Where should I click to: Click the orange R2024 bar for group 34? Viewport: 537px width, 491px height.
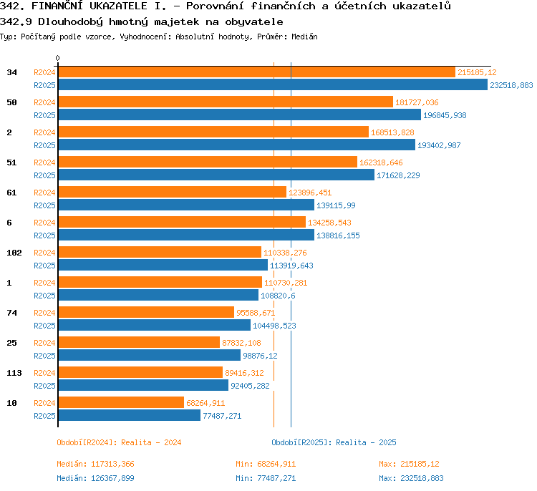[257, 72]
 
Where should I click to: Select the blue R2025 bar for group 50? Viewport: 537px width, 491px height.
[240, 115]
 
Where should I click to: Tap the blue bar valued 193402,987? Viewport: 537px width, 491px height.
[237, 145]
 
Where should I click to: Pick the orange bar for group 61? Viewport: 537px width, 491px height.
[173, 192]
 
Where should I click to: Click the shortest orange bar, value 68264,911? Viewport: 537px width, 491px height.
[121, 402]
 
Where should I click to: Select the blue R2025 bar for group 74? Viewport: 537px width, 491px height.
[155, 325]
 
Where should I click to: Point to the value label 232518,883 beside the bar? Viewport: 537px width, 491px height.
[511, 85]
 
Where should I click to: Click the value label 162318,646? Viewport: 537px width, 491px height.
[381, 162]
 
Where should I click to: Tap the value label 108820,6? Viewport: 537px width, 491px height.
[278, 296]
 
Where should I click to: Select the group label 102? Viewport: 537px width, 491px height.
[14, 253]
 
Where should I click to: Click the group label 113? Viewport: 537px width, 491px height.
[14, 373]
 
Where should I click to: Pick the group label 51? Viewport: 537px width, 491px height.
[11, 162]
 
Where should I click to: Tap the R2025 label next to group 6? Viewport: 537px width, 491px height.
[44, 235]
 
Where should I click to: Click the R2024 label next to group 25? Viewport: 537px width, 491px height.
[44, 343]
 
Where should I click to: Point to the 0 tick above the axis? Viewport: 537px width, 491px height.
[57, 58]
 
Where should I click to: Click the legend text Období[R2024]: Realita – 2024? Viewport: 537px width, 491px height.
[119, 442]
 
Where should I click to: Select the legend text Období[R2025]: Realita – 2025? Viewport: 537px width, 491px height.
[334, 442]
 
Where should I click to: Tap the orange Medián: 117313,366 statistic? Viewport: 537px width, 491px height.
[95, 464]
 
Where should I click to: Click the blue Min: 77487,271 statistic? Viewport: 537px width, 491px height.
[266, 478]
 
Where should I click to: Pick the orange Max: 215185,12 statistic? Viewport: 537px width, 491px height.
[409, 464]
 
